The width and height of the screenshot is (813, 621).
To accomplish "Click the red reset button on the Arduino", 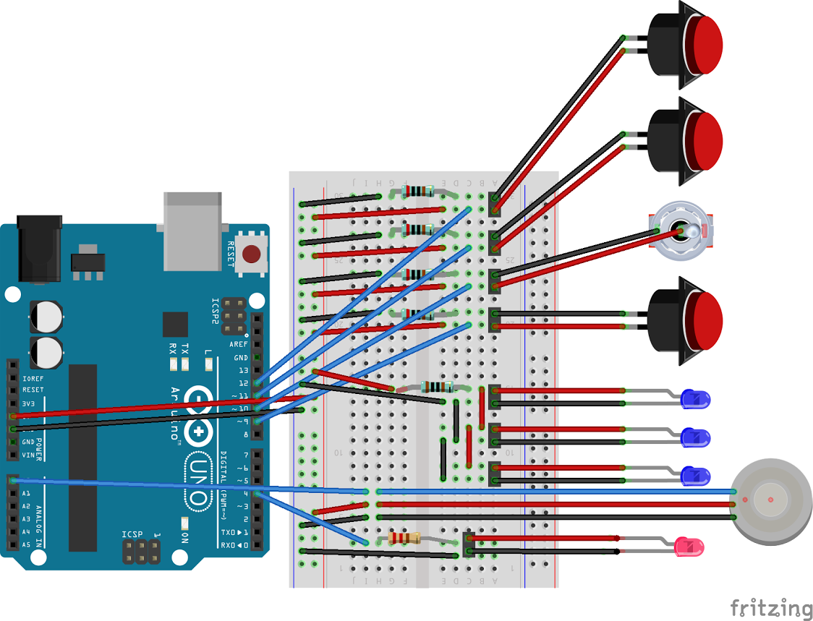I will coord(252,254).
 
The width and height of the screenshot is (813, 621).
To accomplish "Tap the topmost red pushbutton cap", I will coord(703,44).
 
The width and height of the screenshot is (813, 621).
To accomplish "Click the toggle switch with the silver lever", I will coord(682,231).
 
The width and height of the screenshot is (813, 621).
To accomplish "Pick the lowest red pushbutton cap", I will coord(704,320).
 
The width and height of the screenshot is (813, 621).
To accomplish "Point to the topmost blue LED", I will coord(697,398).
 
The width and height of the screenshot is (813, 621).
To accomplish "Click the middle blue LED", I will coord(697,437).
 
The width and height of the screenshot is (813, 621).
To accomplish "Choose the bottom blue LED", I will coord(697,475).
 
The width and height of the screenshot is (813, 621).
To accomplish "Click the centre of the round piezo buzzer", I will coord(771,500).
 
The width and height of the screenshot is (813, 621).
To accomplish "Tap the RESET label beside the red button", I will coord(231,254).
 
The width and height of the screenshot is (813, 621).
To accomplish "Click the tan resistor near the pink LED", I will coord(404,538).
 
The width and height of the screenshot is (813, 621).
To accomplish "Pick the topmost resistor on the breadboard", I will coord(418,192).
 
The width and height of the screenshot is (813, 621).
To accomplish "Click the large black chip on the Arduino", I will coord(82,457).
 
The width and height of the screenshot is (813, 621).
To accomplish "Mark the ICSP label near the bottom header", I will coord(132,535).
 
